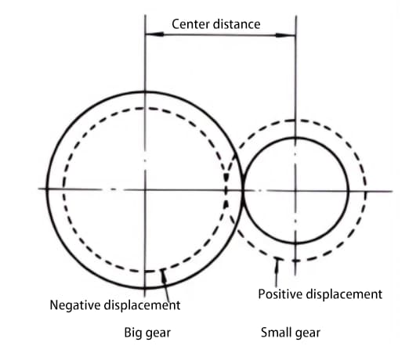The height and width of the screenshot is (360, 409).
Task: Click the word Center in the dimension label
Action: pyautogui.click(x=191, y=24)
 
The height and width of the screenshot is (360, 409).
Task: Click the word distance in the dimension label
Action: pyautogui.click(x=237, y=24)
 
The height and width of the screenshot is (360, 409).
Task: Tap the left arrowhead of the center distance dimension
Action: pyautogui.click(x=154, y=34)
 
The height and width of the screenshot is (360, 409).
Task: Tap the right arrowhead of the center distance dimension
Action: pyautogui.click(x=286, y=35)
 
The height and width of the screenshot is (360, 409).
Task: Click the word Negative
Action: pyautogui.click(x=75, y=305)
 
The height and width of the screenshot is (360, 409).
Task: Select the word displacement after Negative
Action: pyautogui.click(x=142, y=305)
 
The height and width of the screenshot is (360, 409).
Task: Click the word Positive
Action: pyautogui.click(x=281, y=294)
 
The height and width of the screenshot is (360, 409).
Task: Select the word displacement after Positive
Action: pyautogui.click(x=344, y=294)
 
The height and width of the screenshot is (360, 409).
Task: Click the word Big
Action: pyautogui.click(x=133, y=333)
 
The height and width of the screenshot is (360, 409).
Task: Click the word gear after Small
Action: pyautogui.click(x=307, y=333)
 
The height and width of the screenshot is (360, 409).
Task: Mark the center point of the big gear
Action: pyautogui.click(x=145, y=189)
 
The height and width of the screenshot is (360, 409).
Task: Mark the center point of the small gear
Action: pyautogui.click(x=295, y=191)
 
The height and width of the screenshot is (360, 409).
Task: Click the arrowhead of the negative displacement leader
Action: pyautogui.click(x=164, y=275)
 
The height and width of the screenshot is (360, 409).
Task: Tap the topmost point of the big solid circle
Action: pyautogui.click(x=145, y=92)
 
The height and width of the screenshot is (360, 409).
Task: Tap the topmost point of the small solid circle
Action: pyautogui.click(x=295, y=138)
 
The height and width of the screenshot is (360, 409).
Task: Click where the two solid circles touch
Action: pyautogui.click(x=243, y=190)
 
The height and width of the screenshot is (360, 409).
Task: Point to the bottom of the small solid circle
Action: pyautogui.click(x=295, y=243)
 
